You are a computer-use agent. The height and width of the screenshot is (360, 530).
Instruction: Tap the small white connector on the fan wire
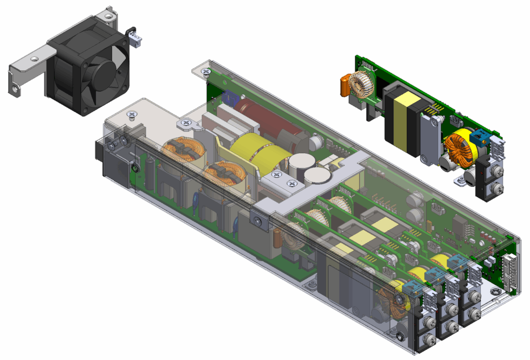pyautogui.click(x=136, y=39)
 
